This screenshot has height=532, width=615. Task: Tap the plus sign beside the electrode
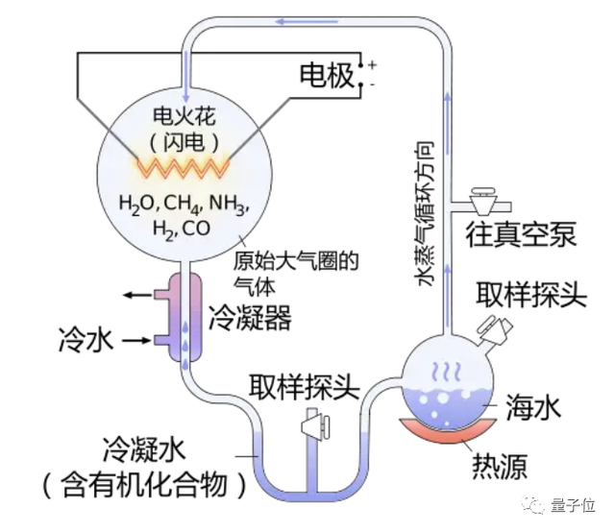click(372, 64)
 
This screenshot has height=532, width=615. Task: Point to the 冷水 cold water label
click(87, 338)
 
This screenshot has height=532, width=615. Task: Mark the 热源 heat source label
click(499, 468)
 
